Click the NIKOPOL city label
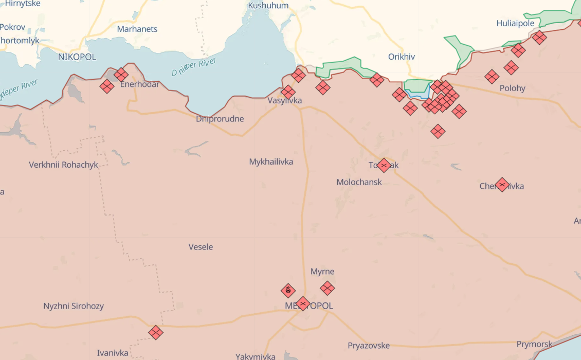[77, 57]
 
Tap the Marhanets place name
[137, 29]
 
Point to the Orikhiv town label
[402, 57]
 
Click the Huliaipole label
[516, 23]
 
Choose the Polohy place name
[513, 88]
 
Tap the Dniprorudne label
[220, 119]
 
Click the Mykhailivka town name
[271, 162]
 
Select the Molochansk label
[359, 182]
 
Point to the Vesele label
[201, 247]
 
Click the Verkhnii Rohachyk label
[64, 165]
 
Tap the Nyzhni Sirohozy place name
[74, 307]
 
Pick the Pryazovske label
[369, 346]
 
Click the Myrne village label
[322, 272]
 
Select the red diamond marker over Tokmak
[384, 165]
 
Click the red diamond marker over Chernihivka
[502, 185]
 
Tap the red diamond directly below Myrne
[328, 288]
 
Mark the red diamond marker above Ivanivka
[156, 332]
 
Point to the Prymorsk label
[535, 345]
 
